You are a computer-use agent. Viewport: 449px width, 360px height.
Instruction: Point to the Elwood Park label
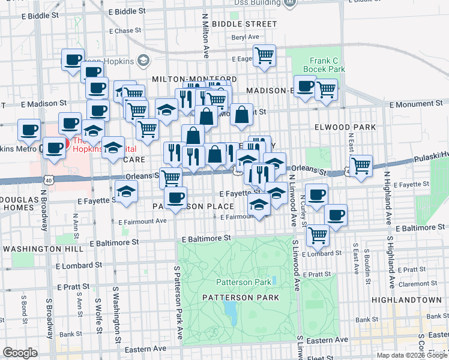point(345,127)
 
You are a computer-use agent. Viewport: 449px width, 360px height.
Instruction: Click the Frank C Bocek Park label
point(327,65)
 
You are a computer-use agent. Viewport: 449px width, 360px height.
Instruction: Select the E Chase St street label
point(128,31)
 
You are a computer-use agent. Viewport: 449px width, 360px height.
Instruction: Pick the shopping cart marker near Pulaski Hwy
point(360,165)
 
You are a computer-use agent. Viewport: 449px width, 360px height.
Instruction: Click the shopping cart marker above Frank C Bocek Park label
point(264,56)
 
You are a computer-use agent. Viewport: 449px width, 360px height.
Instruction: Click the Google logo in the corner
point(20,353)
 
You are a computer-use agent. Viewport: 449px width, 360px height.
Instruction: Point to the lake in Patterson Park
point(229,310)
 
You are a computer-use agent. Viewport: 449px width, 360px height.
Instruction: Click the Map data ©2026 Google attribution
point(411,355)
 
